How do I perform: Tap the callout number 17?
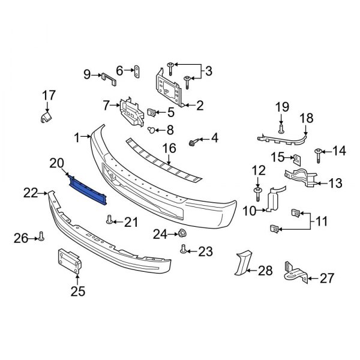point(49,95)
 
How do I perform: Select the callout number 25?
point(77,292)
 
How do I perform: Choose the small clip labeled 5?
point(152,111)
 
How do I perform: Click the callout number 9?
point(86,74)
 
